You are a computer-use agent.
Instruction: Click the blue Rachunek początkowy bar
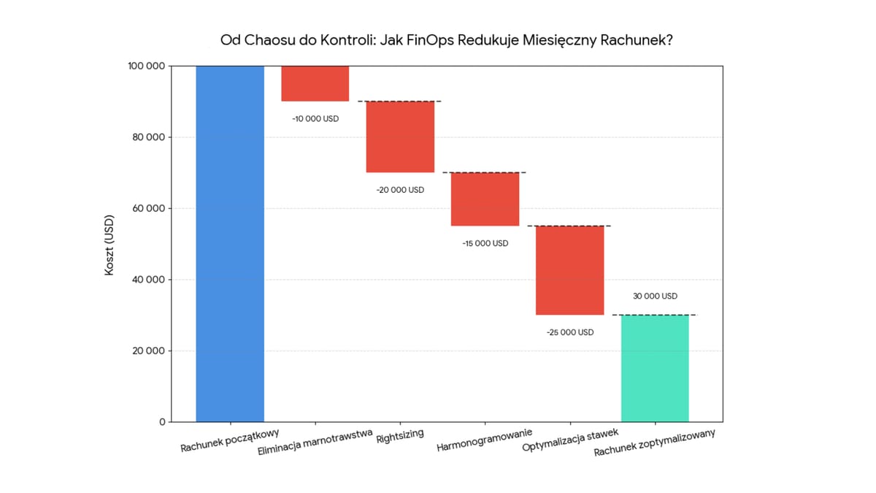[230, 243]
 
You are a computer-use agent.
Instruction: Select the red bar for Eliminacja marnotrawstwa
[315, 83]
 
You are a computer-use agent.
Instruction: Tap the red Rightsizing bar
[400, 137]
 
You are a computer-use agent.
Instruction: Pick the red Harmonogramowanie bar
[485, 199]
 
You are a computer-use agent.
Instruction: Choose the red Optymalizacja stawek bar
[570, 270]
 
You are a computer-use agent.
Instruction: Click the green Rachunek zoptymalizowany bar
[655, 368]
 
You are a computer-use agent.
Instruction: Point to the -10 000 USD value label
[315, 118]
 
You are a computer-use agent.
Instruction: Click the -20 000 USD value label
[400, 190]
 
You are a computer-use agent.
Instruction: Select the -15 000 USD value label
[485, 243]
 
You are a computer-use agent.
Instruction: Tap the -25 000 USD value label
[570, 332]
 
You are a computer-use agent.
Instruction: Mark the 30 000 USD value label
[655, 297]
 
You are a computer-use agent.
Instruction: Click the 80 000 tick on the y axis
[146, 137]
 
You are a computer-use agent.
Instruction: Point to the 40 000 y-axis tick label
[146, 280]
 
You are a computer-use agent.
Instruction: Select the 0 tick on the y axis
[161, 422]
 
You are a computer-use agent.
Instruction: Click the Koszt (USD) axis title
[109, 244]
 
